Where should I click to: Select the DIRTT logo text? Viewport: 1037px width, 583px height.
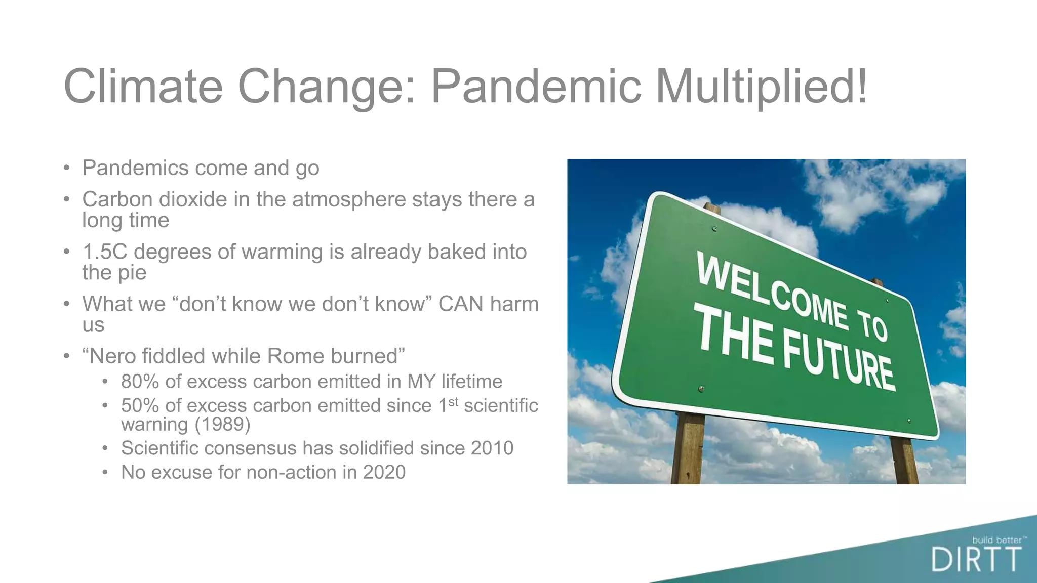coord(976,560)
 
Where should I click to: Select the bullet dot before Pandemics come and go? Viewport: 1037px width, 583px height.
coord(66,169)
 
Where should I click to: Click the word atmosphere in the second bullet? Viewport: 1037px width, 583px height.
coord(349,199)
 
